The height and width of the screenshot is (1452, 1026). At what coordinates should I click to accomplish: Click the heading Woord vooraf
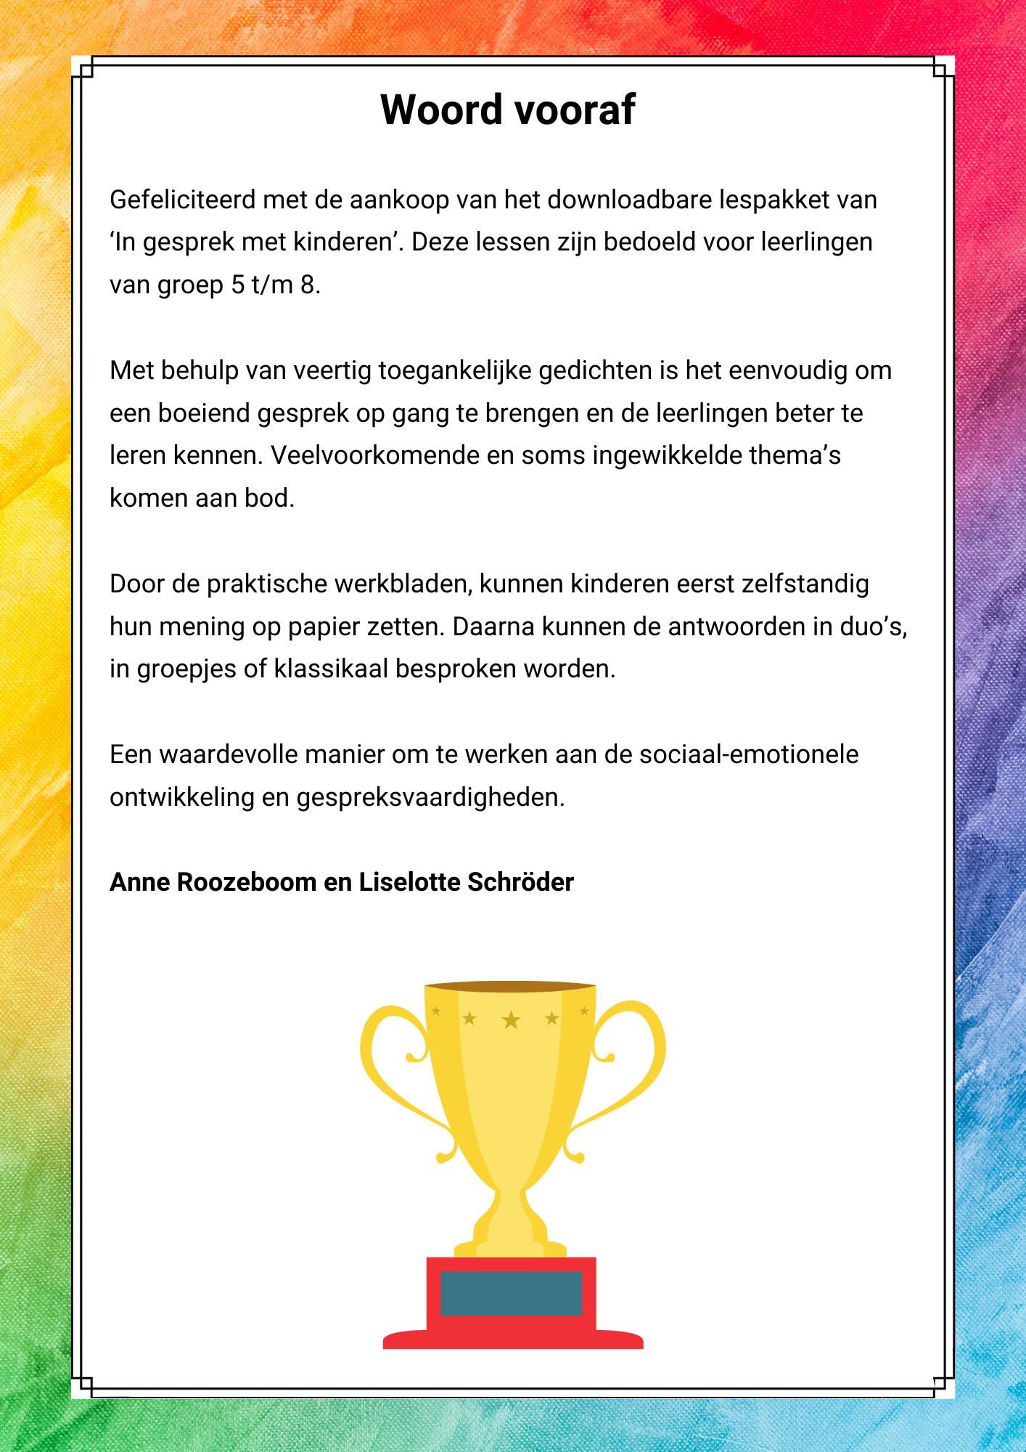tap(508, 110)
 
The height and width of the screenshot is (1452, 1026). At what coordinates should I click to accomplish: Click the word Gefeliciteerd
tap(182, 200)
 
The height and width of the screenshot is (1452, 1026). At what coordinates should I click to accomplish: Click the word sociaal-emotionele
tap(748, 754)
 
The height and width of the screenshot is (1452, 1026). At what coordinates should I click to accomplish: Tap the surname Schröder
tap(520, 882)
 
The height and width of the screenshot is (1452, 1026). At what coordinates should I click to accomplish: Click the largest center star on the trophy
tap(512, 1020)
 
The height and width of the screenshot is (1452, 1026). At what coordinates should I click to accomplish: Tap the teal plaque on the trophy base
tap(511, 1293)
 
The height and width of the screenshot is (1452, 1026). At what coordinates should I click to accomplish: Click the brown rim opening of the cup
tap(511, 986)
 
